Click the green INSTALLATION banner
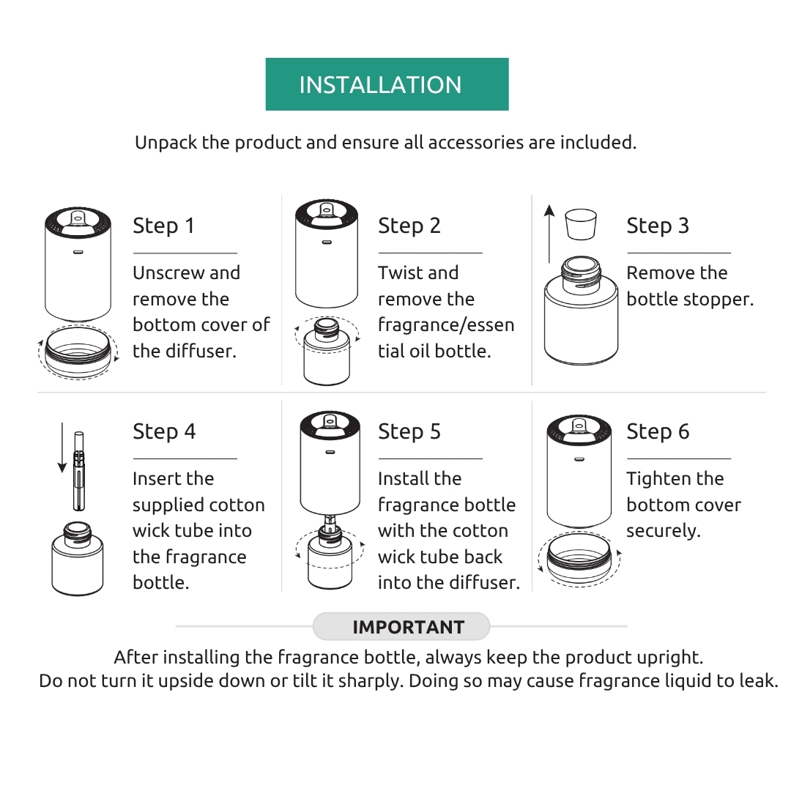coord(387,84)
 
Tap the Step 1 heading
coord(163,226)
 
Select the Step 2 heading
coord(409,226)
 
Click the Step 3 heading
coord(657,226)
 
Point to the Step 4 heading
coord(164,431)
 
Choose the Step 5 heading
coord(409,431)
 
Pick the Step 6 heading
coord(658,431)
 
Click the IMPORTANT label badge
coord(401,626)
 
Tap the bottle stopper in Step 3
coord(581,224)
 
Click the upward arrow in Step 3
coord(549,234)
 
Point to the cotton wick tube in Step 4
coord(78,471)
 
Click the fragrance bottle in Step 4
coord(77,558)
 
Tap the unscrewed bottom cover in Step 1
coord(78,351)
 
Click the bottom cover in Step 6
coord(579,559)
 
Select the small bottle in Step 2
coord(327,351)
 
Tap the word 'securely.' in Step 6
coord(664,531)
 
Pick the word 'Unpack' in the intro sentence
coord(166,143)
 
